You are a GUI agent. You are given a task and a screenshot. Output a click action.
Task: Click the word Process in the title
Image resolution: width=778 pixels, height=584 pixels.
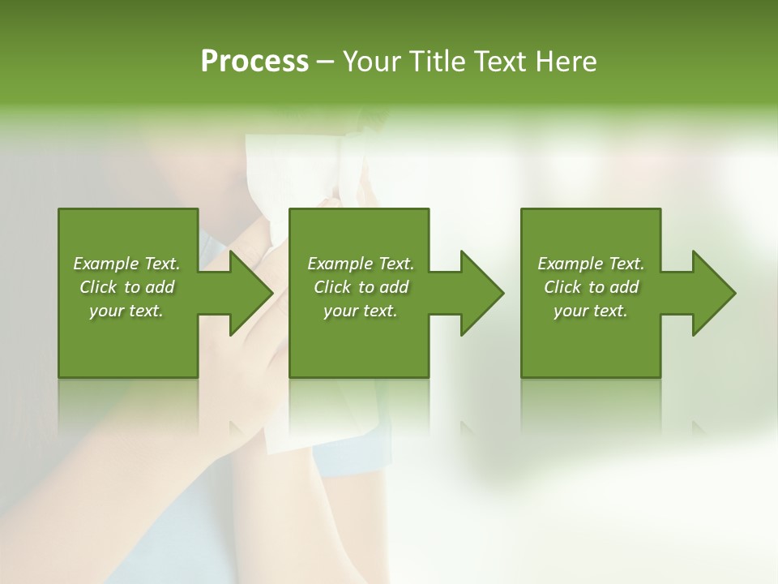tap(254, 62)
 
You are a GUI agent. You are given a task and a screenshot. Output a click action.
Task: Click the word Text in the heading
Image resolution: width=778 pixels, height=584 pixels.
tap(500, 62)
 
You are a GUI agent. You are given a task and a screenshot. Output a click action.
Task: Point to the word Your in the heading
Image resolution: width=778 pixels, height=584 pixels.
tap(371, 62)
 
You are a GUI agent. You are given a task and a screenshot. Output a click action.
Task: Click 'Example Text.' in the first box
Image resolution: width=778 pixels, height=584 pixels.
tap(126, 264)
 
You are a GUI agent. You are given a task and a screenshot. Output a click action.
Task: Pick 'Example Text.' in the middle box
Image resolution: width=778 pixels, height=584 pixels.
tap(361, 264)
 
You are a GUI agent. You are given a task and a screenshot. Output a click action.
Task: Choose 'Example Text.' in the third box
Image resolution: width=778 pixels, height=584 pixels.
tap(591, 264)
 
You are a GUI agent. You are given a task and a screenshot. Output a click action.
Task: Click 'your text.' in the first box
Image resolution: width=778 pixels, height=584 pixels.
tap(126, 311)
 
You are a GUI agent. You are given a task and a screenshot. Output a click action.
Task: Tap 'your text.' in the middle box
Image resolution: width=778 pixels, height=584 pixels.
tap(361, 311)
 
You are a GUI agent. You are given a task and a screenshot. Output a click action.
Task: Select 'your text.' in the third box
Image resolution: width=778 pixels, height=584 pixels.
tap(591, 311)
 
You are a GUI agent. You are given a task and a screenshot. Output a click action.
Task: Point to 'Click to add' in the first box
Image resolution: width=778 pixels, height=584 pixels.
tap(126, 287)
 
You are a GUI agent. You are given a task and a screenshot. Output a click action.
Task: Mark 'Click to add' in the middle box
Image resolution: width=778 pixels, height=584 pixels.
tap(361, 287)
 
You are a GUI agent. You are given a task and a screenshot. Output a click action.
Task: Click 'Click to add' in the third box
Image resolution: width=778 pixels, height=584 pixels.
tap(591, 287)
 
